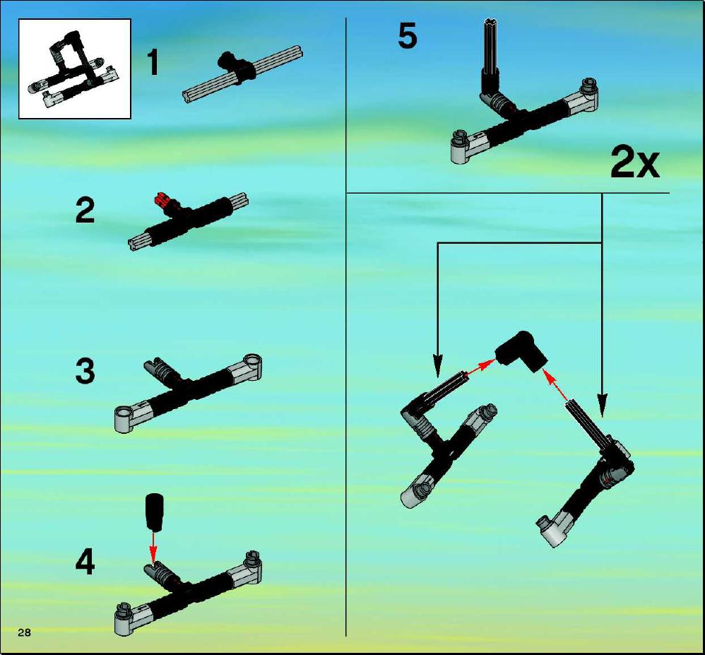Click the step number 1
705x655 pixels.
[153, 62]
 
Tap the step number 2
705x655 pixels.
[85, 211]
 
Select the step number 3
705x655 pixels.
[85, 371]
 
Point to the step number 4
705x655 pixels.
[85, 562]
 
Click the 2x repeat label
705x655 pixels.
[634, 164]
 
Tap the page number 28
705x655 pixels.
[24, 632]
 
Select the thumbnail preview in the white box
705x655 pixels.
[75, 69]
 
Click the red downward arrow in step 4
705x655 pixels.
[153, 547]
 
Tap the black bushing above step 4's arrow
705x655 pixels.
[154, 512]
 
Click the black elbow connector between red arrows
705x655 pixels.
[521, 351]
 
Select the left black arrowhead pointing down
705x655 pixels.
[437, 366]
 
